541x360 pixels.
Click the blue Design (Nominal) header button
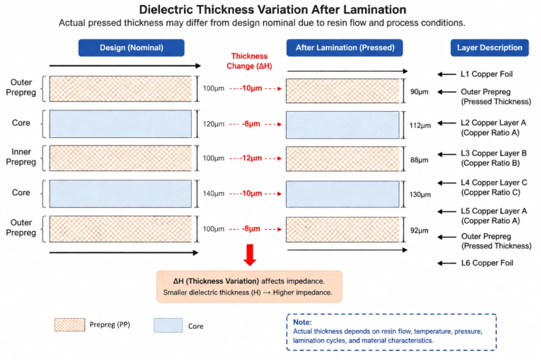[131, 47]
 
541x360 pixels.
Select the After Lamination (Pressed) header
[344, 47]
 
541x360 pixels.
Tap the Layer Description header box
[489, 47]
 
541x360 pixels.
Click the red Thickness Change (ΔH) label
[249, 60]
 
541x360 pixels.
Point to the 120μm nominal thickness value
[213, 124]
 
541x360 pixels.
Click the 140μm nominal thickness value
[213, 194]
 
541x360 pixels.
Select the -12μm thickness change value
[249, 159]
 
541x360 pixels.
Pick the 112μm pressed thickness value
[420, 125]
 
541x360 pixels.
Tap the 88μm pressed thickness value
[420, 160]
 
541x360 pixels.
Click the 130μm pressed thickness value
[420, 195]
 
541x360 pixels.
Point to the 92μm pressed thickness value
[420, 230]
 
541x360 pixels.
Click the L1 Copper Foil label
[486, 74]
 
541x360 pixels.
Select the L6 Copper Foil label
[486, 263]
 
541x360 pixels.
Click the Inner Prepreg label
[21, 157]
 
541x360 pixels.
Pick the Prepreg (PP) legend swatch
[69, 325]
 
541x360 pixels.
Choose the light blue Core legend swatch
[168, 326]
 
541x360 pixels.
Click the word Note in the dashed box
[302, 322]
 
